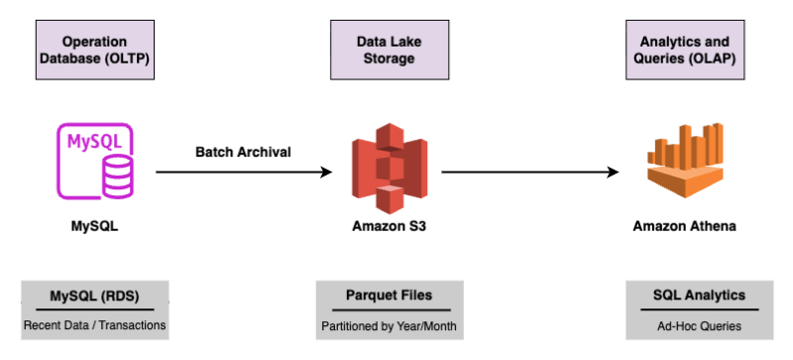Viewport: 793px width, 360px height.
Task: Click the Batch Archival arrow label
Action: pyautogui.click(x=243, y=152)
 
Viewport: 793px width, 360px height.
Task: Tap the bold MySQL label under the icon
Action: pyautogui.click(x=95, y=225)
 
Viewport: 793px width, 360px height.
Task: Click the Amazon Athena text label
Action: pyautogui.click(x=685, y=225)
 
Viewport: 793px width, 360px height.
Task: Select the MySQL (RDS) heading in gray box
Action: pyautogui.click(x=95, y=295)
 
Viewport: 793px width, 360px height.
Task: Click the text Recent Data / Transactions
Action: pyautogui.click(x=95, y=324)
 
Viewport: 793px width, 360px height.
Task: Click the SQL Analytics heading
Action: pyautogui.click(x=685, y=295)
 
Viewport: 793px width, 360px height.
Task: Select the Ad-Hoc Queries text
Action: pyautogui.click(x=685, y=324)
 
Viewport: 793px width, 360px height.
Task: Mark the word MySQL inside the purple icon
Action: pyautogui.click(x=90, y=142)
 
